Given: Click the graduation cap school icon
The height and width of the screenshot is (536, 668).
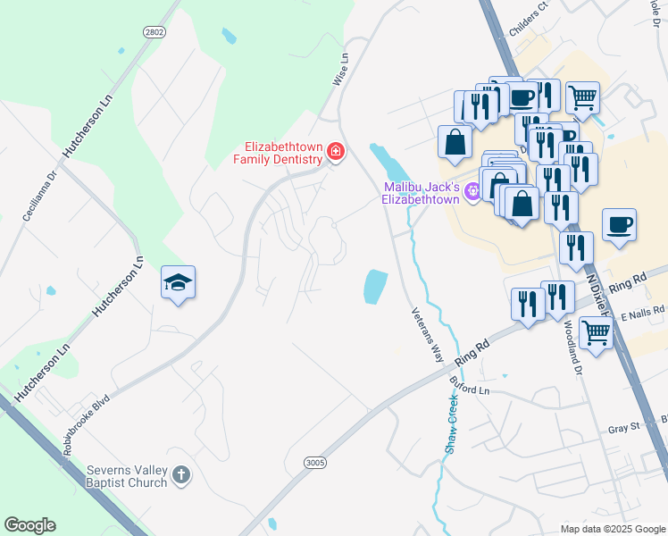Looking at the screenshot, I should click(179, 283).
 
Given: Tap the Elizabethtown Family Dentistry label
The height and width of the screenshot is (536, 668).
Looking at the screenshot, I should click(277, 153).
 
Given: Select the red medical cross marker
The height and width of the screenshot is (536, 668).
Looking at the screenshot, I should click(335, 152).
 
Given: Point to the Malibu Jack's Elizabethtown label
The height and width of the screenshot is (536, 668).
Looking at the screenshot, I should click(421, 193).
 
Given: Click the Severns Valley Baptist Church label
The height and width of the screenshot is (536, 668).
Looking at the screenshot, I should click(127, 476).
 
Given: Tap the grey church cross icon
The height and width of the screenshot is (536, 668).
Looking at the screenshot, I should click(181, 475).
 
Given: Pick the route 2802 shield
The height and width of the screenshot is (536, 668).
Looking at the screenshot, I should click(154, 30).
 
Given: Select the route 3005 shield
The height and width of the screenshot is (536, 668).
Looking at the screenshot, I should click(314, 463).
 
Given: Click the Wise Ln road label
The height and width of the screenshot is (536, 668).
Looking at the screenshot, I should click(340, 69).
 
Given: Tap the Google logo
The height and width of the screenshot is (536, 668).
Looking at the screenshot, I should click(29, 525).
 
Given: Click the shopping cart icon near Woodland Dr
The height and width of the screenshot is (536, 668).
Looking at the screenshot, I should click(596, 333).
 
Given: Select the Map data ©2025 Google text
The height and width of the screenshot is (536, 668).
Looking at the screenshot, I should click(614, 528).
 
